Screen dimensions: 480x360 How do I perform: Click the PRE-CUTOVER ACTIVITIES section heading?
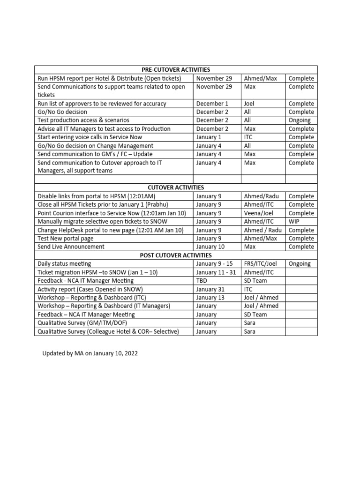[176, 70]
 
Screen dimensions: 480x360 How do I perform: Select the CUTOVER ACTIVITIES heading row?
[176, 187]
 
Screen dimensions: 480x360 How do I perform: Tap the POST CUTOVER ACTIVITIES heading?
[176, 255]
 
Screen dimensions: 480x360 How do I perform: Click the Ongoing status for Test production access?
[300, 120]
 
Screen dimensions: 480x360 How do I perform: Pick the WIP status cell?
[294, 222]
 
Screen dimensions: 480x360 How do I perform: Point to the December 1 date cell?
[212, 104]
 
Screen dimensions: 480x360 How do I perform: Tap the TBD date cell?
[202, 281]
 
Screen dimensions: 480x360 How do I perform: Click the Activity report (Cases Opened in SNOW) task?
[90, 289]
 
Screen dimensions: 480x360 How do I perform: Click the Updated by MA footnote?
[90, 353]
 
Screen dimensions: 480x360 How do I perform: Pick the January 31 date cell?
[211, 289]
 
